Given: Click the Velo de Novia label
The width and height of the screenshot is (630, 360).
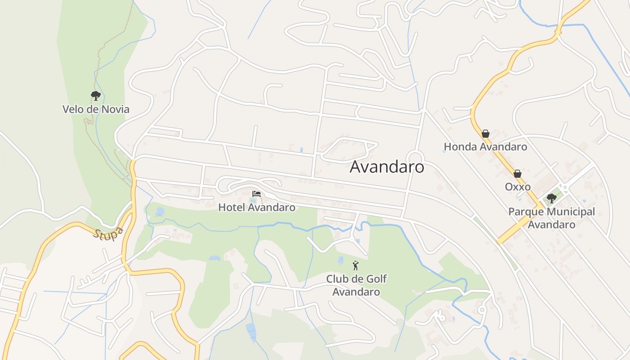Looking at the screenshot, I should click(x=96, y=109).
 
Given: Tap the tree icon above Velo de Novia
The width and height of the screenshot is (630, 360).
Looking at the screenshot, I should click(x=95, y=95).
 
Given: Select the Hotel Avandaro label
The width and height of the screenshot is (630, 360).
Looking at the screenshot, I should click(x=257, y=207).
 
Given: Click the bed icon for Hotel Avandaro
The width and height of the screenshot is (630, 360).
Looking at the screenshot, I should click(x=256, y=194).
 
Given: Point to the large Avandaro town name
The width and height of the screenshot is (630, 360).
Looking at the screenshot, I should click(x=387, y=166).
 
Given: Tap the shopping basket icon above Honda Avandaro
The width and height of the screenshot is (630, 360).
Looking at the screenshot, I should click(x=485, y=134).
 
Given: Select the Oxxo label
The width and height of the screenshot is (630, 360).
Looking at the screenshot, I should click(x=517, y=187).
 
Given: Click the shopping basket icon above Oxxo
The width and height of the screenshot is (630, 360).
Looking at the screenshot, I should click(x=517, y=174).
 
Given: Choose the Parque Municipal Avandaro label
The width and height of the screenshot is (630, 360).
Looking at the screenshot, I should click(x=552, y=218).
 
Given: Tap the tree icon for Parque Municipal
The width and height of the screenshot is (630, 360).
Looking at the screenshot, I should click(x=552, y=198).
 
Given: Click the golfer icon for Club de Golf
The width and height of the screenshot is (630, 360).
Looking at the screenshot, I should click(x=356, y=265).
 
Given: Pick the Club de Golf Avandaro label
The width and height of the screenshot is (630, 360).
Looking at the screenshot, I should click(x=356, y=285).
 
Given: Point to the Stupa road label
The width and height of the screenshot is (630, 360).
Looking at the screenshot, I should click(x=108, y=234).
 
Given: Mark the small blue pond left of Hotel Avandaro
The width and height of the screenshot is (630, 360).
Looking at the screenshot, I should click(x=160, y=211).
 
